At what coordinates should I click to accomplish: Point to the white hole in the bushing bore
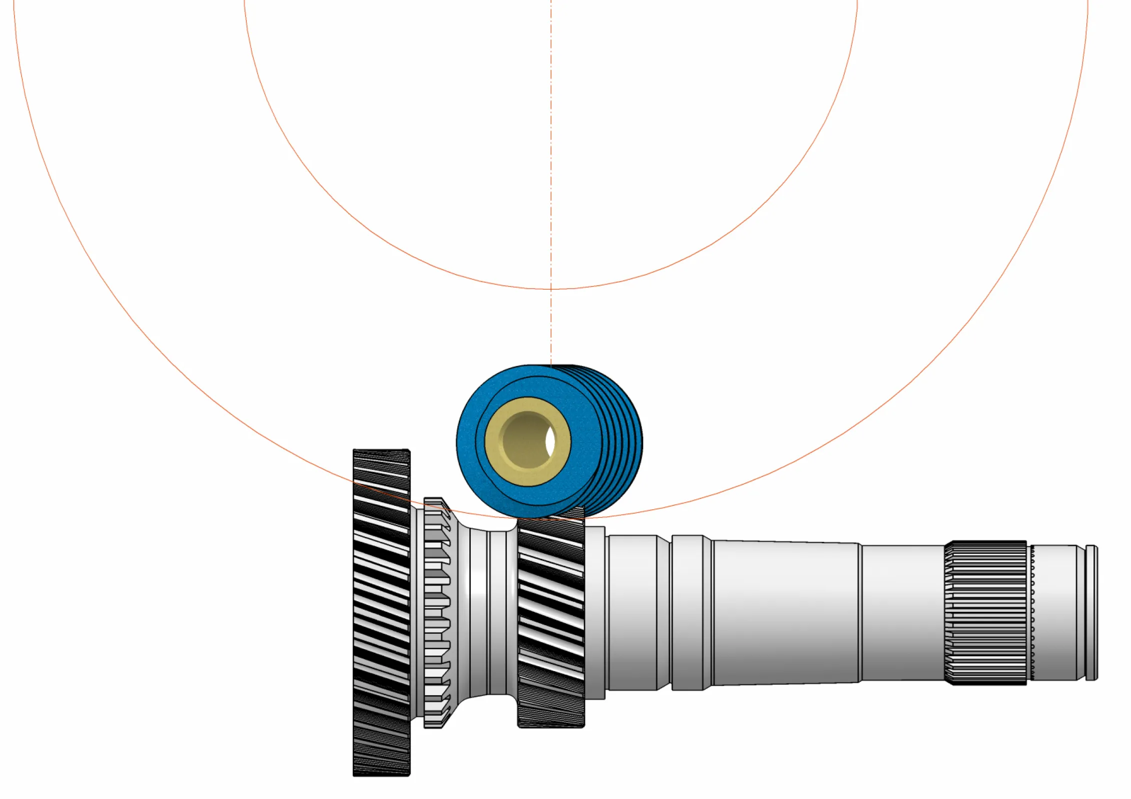point(550,441)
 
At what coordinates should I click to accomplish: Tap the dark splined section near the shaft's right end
point(985,612)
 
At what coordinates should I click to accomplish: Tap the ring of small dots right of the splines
point(1032,612)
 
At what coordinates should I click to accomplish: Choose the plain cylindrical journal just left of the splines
point(903,612)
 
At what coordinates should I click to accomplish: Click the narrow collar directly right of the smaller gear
point(595,612)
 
